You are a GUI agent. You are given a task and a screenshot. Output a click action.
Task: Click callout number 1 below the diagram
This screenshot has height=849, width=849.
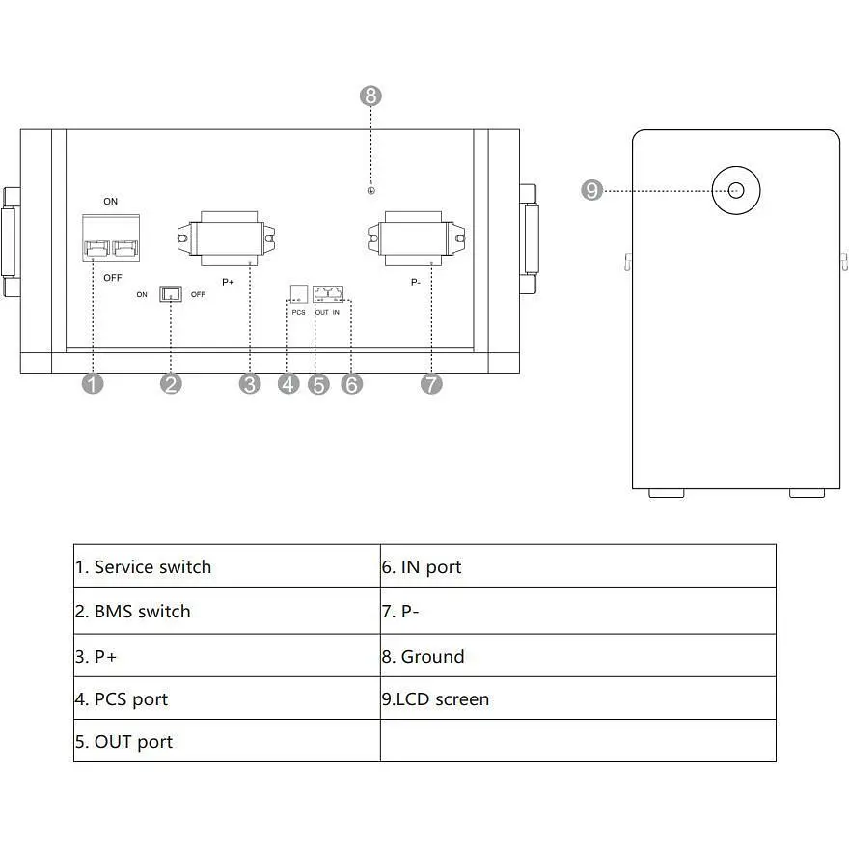point(93,384)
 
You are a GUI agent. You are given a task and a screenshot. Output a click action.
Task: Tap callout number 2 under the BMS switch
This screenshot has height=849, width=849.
point(172,384)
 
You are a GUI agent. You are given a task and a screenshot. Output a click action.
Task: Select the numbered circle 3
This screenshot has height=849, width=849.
point(251,384)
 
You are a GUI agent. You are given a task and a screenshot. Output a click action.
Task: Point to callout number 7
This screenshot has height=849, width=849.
point(431,384)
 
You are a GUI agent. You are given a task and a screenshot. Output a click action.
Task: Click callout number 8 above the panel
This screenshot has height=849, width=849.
point(371,96)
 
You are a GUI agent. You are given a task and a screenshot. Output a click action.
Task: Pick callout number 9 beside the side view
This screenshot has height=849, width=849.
point(592,191)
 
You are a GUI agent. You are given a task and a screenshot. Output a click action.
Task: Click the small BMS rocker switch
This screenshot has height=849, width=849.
point(171,293)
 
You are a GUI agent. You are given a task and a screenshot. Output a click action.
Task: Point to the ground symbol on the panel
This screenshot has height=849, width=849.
point(371,190)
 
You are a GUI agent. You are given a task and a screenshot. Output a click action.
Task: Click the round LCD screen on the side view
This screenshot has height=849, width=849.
point(736,190)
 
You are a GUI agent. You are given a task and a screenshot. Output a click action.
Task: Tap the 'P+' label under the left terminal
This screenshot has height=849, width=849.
point(228,283)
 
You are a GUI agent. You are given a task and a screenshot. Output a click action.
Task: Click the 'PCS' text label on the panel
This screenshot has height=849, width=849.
point(298,312)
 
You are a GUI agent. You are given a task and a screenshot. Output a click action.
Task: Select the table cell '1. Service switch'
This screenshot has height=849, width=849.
point(227,566)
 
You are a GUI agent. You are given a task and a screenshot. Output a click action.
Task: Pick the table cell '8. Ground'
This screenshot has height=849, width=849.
point(578,656)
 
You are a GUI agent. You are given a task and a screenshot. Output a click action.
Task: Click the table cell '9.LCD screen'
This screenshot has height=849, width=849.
point(578,698)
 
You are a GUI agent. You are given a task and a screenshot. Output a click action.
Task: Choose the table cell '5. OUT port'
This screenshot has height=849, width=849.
point(227,741)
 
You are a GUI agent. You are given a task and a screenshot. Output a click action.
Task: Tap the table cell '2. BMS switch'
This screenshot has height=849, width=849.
point(227,611)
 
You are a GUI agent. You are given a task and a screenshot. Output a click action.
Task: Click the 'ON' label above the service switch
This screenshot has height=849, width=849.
point(111,202)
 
